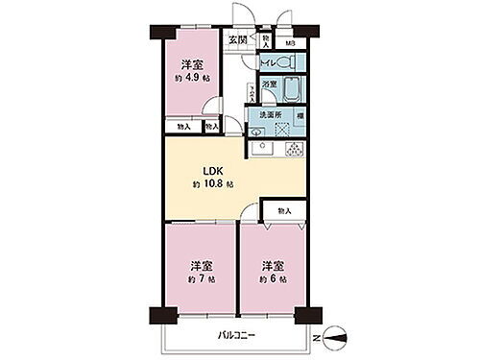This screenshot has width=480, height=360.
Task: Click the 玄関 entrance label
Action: click(237, 40)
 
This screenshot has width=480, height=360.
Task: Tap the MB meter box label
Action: click(290, 44)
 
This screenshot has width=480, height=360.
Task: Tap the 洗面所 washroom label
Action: click(271, 114)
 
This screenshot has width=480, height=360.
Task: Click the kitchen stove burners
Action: click(295, 149)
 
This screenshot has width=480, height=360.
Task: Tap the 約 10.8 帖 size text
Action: click(213, 184)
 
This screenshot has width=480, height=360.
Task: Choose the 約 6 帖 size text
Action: click(272, 278)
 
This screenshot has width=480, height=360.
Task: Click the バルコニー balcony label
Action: click(233, 335)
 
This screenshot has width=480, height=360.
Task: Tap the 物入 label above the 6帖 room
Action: click(283, 210)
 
